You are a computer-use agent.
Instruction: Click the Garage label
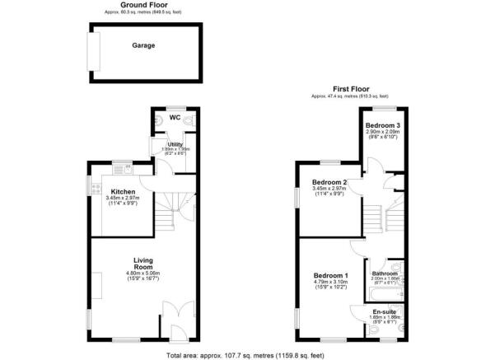(x=144, y=45)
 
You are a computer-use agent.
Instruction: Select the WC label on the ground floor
(x=174, y=117)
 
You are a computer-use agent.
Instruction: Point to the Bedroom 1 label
(x=330, y=275)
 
